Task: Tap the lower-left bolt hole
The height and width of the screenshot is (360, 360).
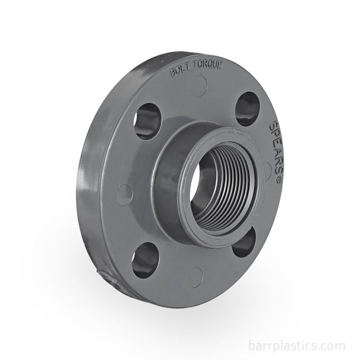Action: click(145, 260)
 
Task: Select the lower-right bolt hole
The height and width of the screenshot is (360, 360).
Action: click(245, 241)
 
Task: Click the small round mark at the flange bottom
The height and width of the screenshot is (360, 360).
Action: click(196, 276)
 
